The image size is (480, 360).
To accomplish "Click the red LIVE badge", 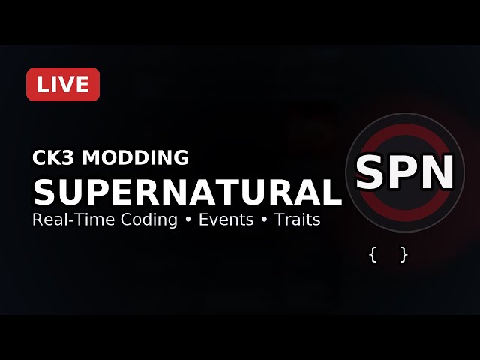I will [63, 85].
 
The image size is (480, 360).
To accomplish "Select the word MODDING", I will [135, 157].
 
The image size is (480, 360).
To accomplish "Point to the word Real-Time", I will [66, 220].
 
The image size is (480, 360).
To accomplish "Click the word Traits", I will [298, 220].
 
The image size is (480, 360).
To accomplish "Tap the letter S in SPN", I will [372, 173].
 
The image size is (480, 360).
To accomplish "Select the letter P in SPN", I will [405, 173].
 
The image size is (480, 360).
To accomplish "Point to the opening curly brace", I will [373, 254].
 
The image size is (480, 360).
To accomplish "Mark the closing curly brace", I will [404, 254].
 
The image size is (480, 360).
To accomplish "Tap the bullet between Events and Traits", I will [263, 220].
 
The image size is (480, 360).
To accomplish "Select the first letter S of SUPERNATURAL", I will [45, 192].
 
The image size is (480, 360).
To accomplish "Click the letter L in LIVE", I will [42, 85].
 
